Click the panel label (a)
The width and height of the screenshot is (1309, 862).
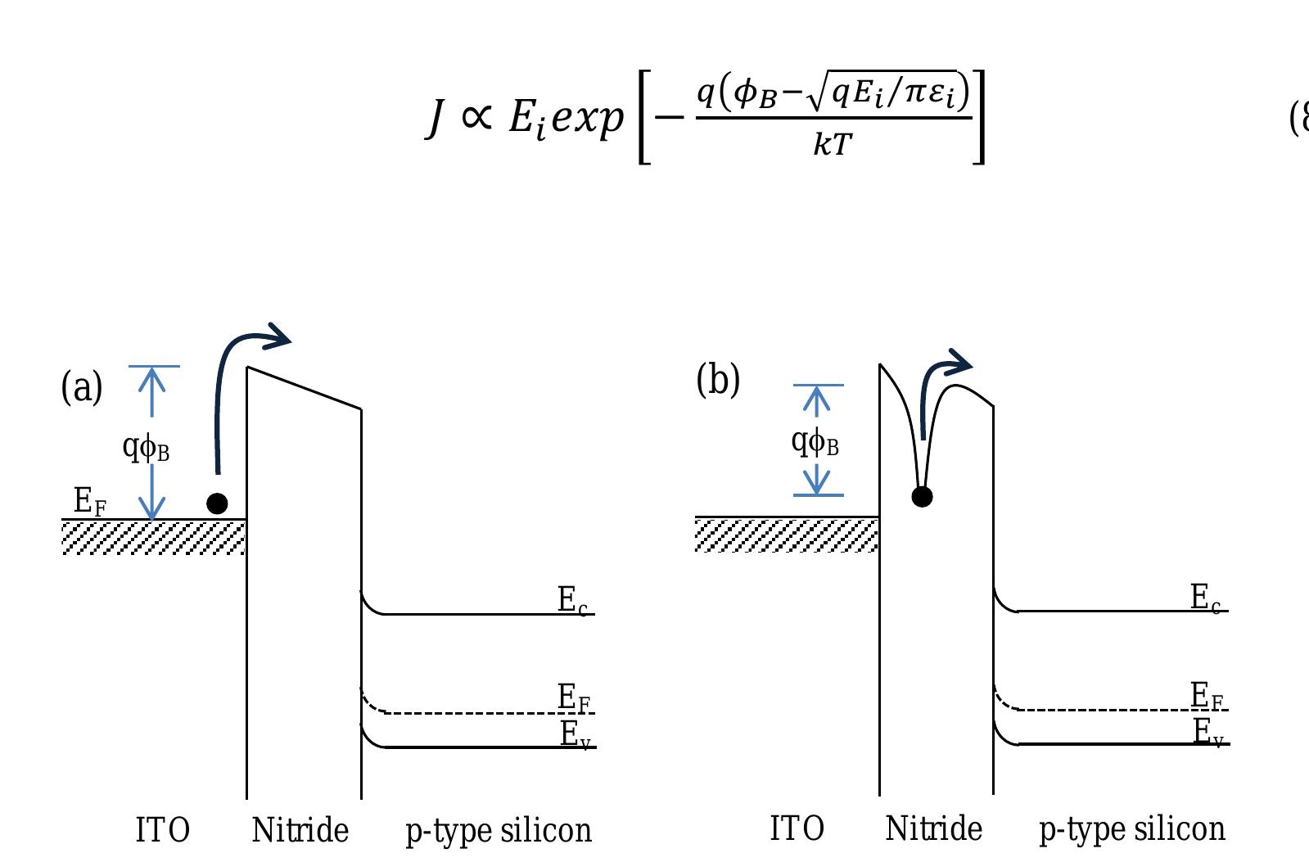pyautogui.click(x=82, y=387)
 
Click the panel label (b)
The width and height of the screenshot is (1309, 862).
pyautogui.click(x=718, y=381)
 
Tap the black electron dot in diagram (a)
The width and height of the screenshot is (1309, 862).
pyautogui.click(x=217, y=503)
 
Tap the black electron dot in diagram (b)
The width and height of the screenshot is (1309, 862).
pyautogui.click(x=922, y=496)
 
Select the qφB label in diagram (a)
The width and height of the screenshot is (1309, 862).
pyautogui.click(x=146, y=446)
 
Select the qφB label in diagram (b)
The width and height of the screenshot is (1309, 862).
pyautogui.click(x=815, y=441)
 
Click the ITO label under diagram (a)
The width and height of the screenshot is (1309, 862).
pyautogui.click(x=162, y=830)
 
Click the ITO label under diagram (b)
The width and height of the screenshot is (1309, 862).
pyautogui.click(x=797, y=828)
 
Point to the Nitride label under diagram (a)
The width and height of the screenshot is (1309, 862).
pyautogui.click(x=300, y=830)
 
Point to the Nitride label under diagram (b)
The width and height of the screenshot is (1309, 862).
pyautogui.click(x=933, y=828)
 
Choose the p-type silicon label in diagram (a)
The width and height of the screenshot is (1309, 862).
pyautogui.click(x=499, y=831)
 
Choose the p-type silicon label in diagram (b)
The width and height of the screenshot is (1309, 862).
pyautogui.click(x=1132, y=829)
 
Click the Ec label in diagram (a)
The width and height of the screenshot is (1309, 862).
pyautogui.click(x=572, y=600)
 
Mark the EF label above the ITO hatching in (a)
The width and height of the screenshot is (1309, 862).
pyautogui.click(x=89, y=501)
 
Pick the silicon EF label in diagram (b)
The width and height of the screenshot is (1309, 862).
pyautogui.click(x=1207, y=697)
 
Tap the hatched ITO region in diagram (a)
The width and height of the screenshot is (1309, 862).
pyautogui.click(x=154, y=538)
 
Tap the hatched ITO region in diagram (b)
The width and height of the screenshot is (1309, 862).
pyautogui.click(x=787, y=535)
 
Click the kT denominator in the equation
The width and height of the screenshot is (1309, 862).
pyautogui.click(x=833, y=144)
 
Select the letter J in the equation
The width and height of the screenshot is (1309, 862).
pyautogui.click(x=436, y=117)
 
